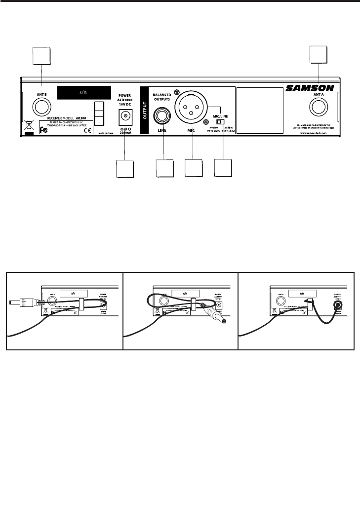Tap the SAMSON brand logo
click(310, 89)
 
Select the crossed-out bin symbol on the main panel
click(29, 125)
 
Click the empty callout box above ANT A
click(319, 55)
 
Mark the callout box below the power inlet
click(124, 169)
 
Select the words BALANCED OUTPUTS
click(163, 97)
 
